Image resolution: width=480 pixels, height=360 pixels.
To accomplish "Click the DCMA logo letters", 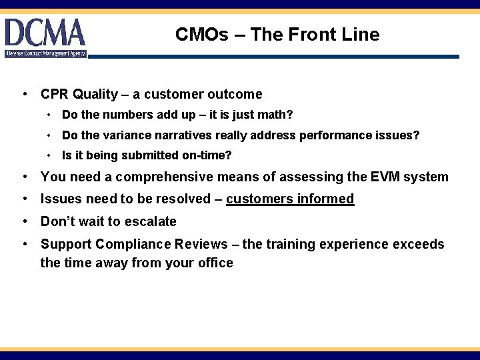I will (x=45, y=33).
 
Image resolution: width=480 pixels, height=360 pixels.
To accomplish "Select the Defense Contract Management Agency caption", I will (x=46, y=53).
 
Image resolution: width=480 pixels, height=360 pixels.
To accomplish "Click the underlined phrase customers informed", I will (x=290, y=199).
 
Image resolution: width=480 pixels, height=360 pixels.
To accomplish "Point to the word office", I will (x=211, y=263).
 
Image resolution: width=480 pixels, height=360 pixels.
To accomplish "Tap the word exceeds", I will (x=419, y=244).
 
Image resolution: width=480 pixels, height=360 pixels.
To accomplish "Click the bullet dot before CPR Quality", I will (x=25, y=95).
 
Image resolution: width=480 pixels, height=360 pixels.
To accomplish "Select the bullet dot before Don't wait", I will (x=25, y=221).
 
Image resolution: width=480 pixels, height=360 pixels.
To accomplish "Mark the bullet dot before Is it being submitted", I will (x=50, y=156).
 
